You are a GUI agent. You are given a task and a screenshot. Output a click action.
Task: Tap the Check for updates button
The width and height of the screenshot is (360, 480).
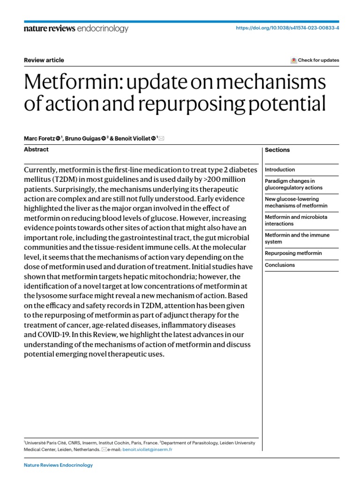pos(315,60)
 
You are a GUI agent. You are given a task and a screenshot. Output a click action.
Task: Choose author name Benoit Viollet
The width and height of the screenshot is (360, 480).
pos(131,139)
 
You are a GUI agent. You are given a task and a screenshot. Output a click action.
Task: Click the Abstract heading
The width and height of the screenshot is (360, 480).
pos(36,150)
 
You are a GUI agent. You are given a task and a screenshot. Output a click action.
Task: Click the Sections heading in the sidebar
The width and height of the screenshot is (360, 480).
pos(277,150)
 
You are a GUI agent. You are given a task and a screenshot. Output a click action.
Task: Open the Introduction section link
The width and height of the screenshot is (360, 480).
pos(280,170)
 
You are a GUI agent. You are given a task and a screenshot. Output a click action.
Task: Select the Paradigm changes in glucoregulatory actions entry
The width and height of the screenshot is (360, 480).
pos(293,184)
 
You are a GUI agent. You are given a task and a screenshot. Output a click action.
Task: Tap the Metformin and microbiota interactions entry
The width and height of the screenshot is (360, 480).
pos(296,220)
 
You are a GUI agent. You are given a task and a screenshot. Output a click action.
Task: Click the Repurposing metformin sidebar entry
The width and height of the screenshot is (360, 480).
pos(293,253)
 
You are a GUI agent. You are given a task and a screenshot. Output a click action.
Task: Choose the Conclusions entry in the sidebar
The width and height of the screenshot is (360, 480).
pos(280,265)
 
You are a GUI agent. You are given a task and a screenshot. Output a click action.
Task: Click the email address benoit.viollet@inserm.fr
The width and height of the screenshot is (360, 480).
pos(146,449)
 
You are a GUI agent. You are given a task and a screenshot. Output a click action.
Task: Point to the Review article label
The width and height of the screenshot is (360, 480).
pos(44,60)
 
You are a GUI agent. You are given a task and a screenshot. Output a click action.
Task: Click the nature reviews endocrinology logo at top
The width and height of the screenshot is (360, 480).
pos(75,29)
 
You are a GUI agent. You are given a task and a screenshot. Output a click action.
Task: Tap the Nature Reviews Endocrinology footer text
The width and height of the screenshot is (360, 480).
pos(58,465)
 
